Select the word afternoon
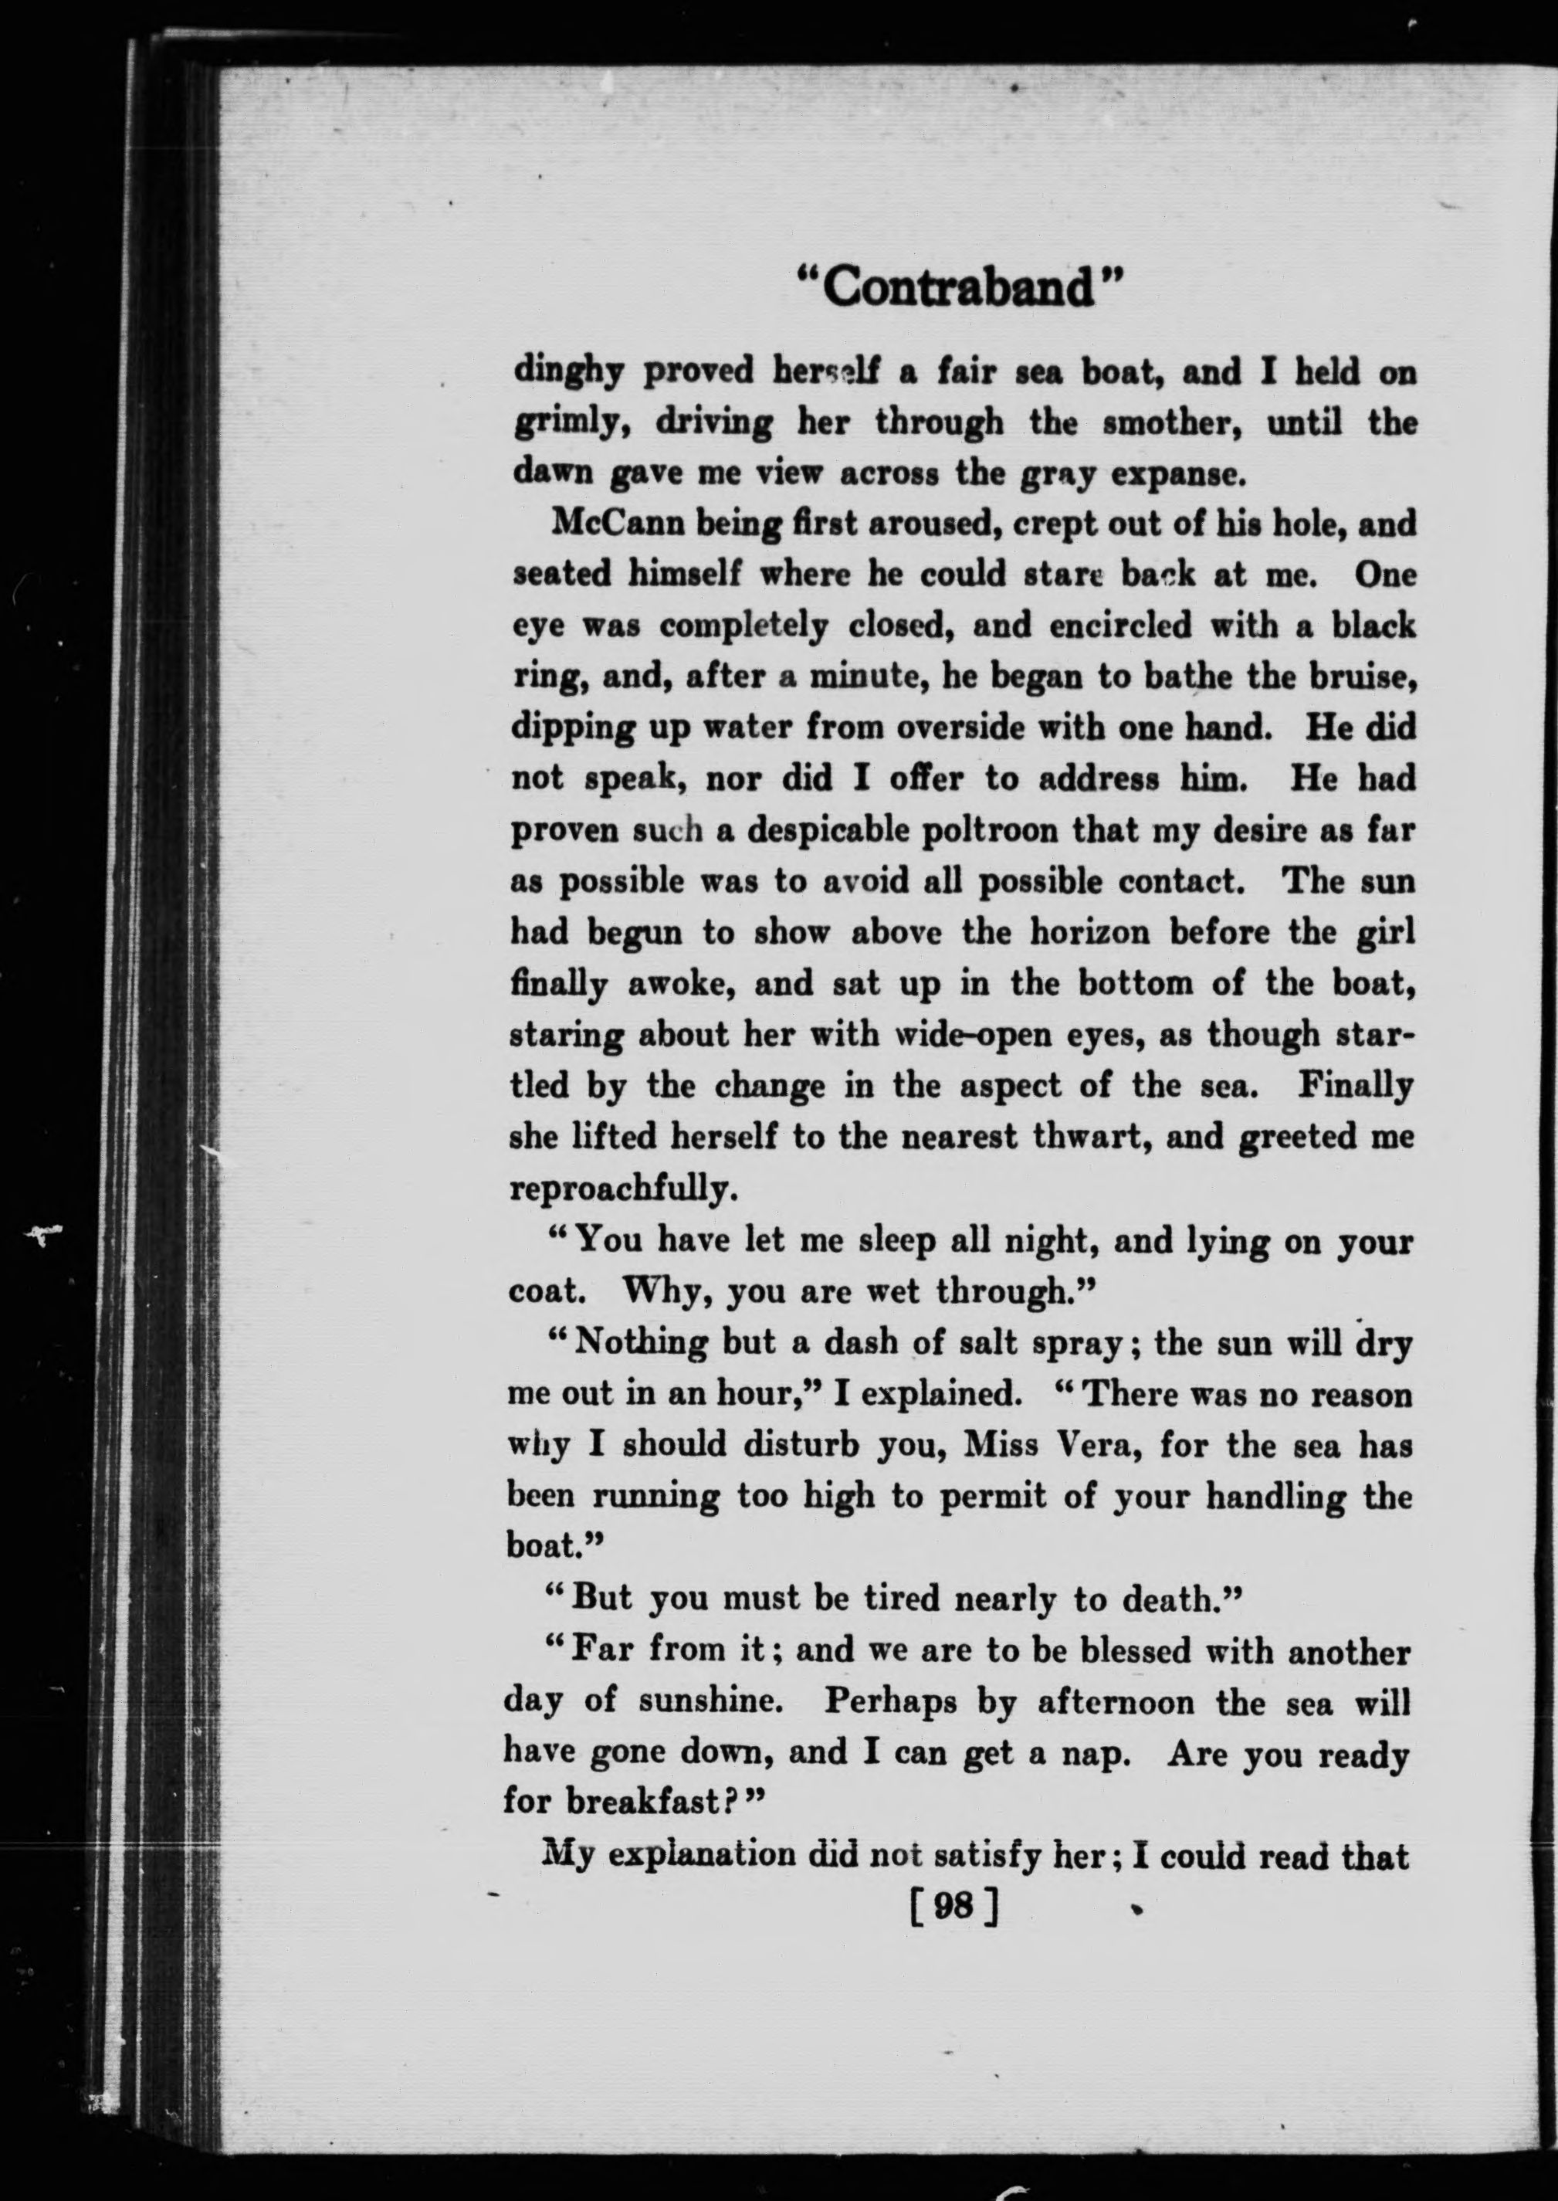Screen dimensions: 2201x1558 (1116, 1701)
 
